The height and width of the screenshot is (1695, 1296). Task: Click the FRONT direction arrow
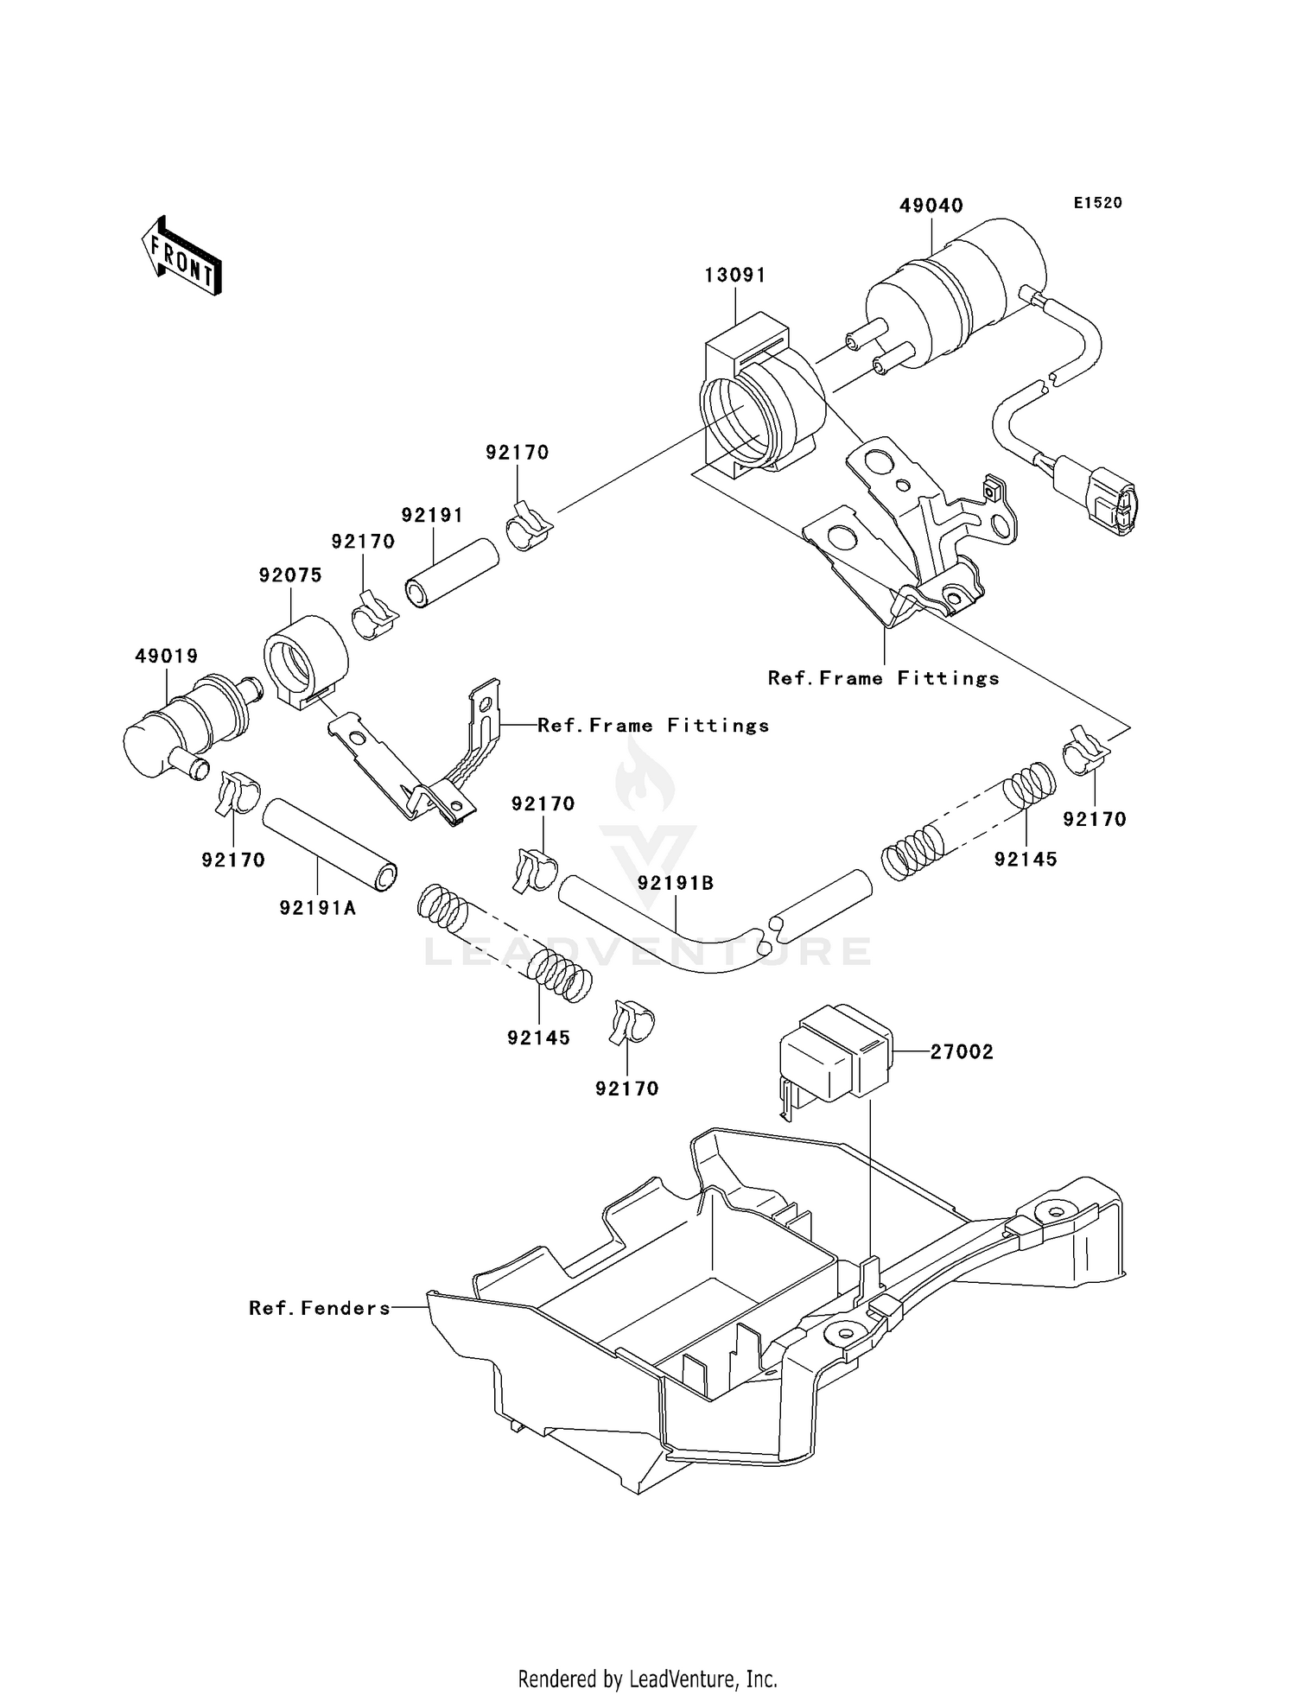182,257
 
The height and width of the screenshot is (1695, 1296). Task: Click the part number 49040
931,206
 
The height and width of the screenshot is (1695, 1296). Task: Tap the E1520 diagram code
1097,203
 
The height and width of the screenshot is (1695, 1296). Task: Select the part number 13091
734,275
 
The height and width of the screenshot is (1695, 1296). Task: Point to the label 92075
290,575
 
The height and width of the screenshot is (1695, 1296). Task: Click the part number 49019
166,656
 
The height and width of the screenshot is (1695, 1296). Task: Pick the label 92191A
317,908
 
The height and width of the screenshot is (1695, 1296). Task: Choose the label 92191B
676,883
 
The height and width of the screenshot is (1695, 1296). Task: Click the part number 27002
962,1051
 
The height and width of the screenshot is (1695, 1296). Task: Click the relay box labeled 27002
834,1051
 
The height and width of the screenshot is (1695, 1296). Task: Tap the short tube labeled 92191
451,573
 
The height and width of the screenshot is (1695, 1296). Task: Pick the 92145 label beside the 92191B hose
1025,859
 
